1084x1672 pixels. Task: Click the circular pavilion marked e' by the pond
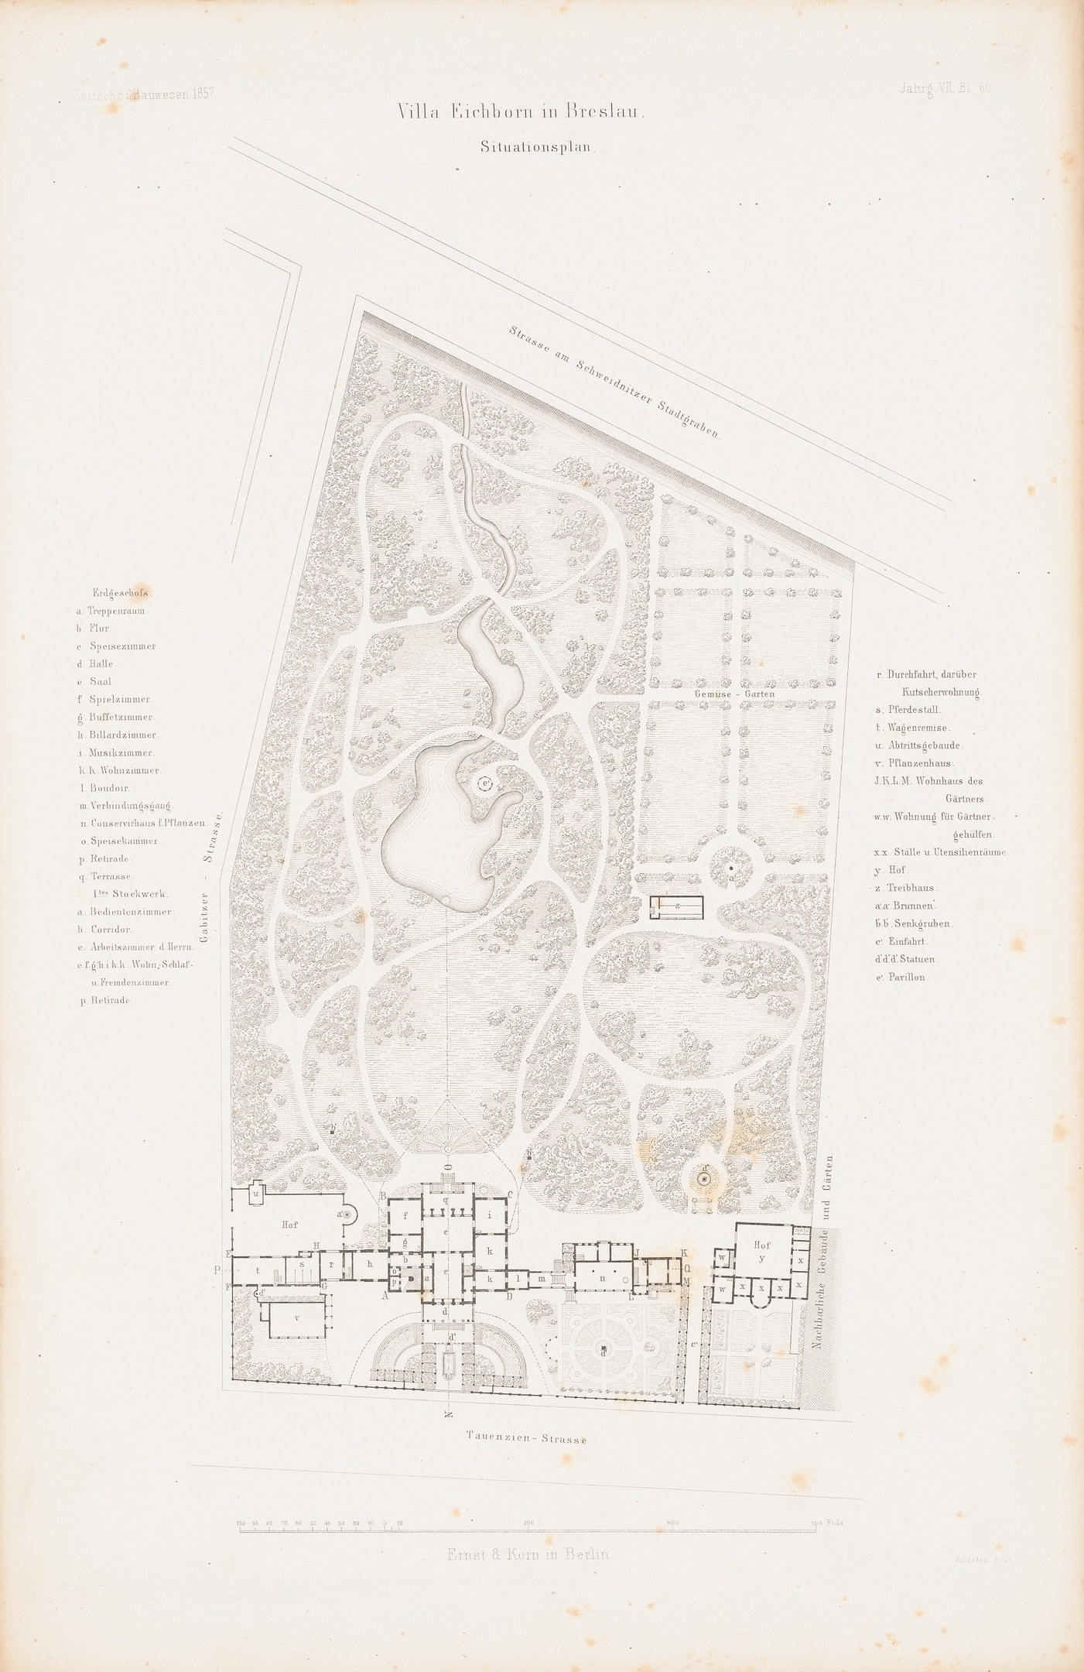tap(485, 784)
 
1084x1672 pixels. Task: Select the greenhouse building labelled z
tap(677, 906)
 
